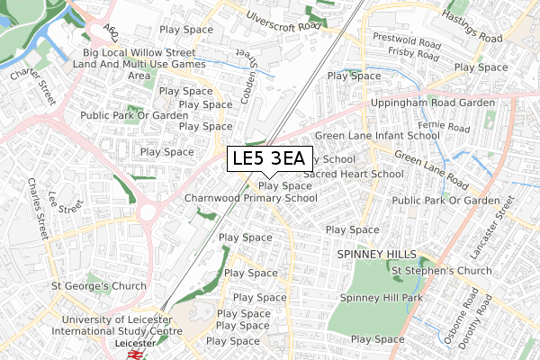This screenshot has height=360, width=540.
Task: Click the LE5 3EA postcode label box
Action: tap(268, 159)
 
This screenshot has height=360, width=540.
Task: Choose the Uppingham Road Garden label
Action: tap(433, 103)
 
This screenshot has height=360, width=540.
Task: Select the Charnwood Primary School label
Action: tap(250, 198)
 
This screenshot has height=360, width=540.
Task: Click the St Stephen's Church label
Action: tap(441, 271)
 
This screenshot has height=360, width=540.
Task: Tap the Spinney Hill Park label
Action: tap(381, 297)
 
